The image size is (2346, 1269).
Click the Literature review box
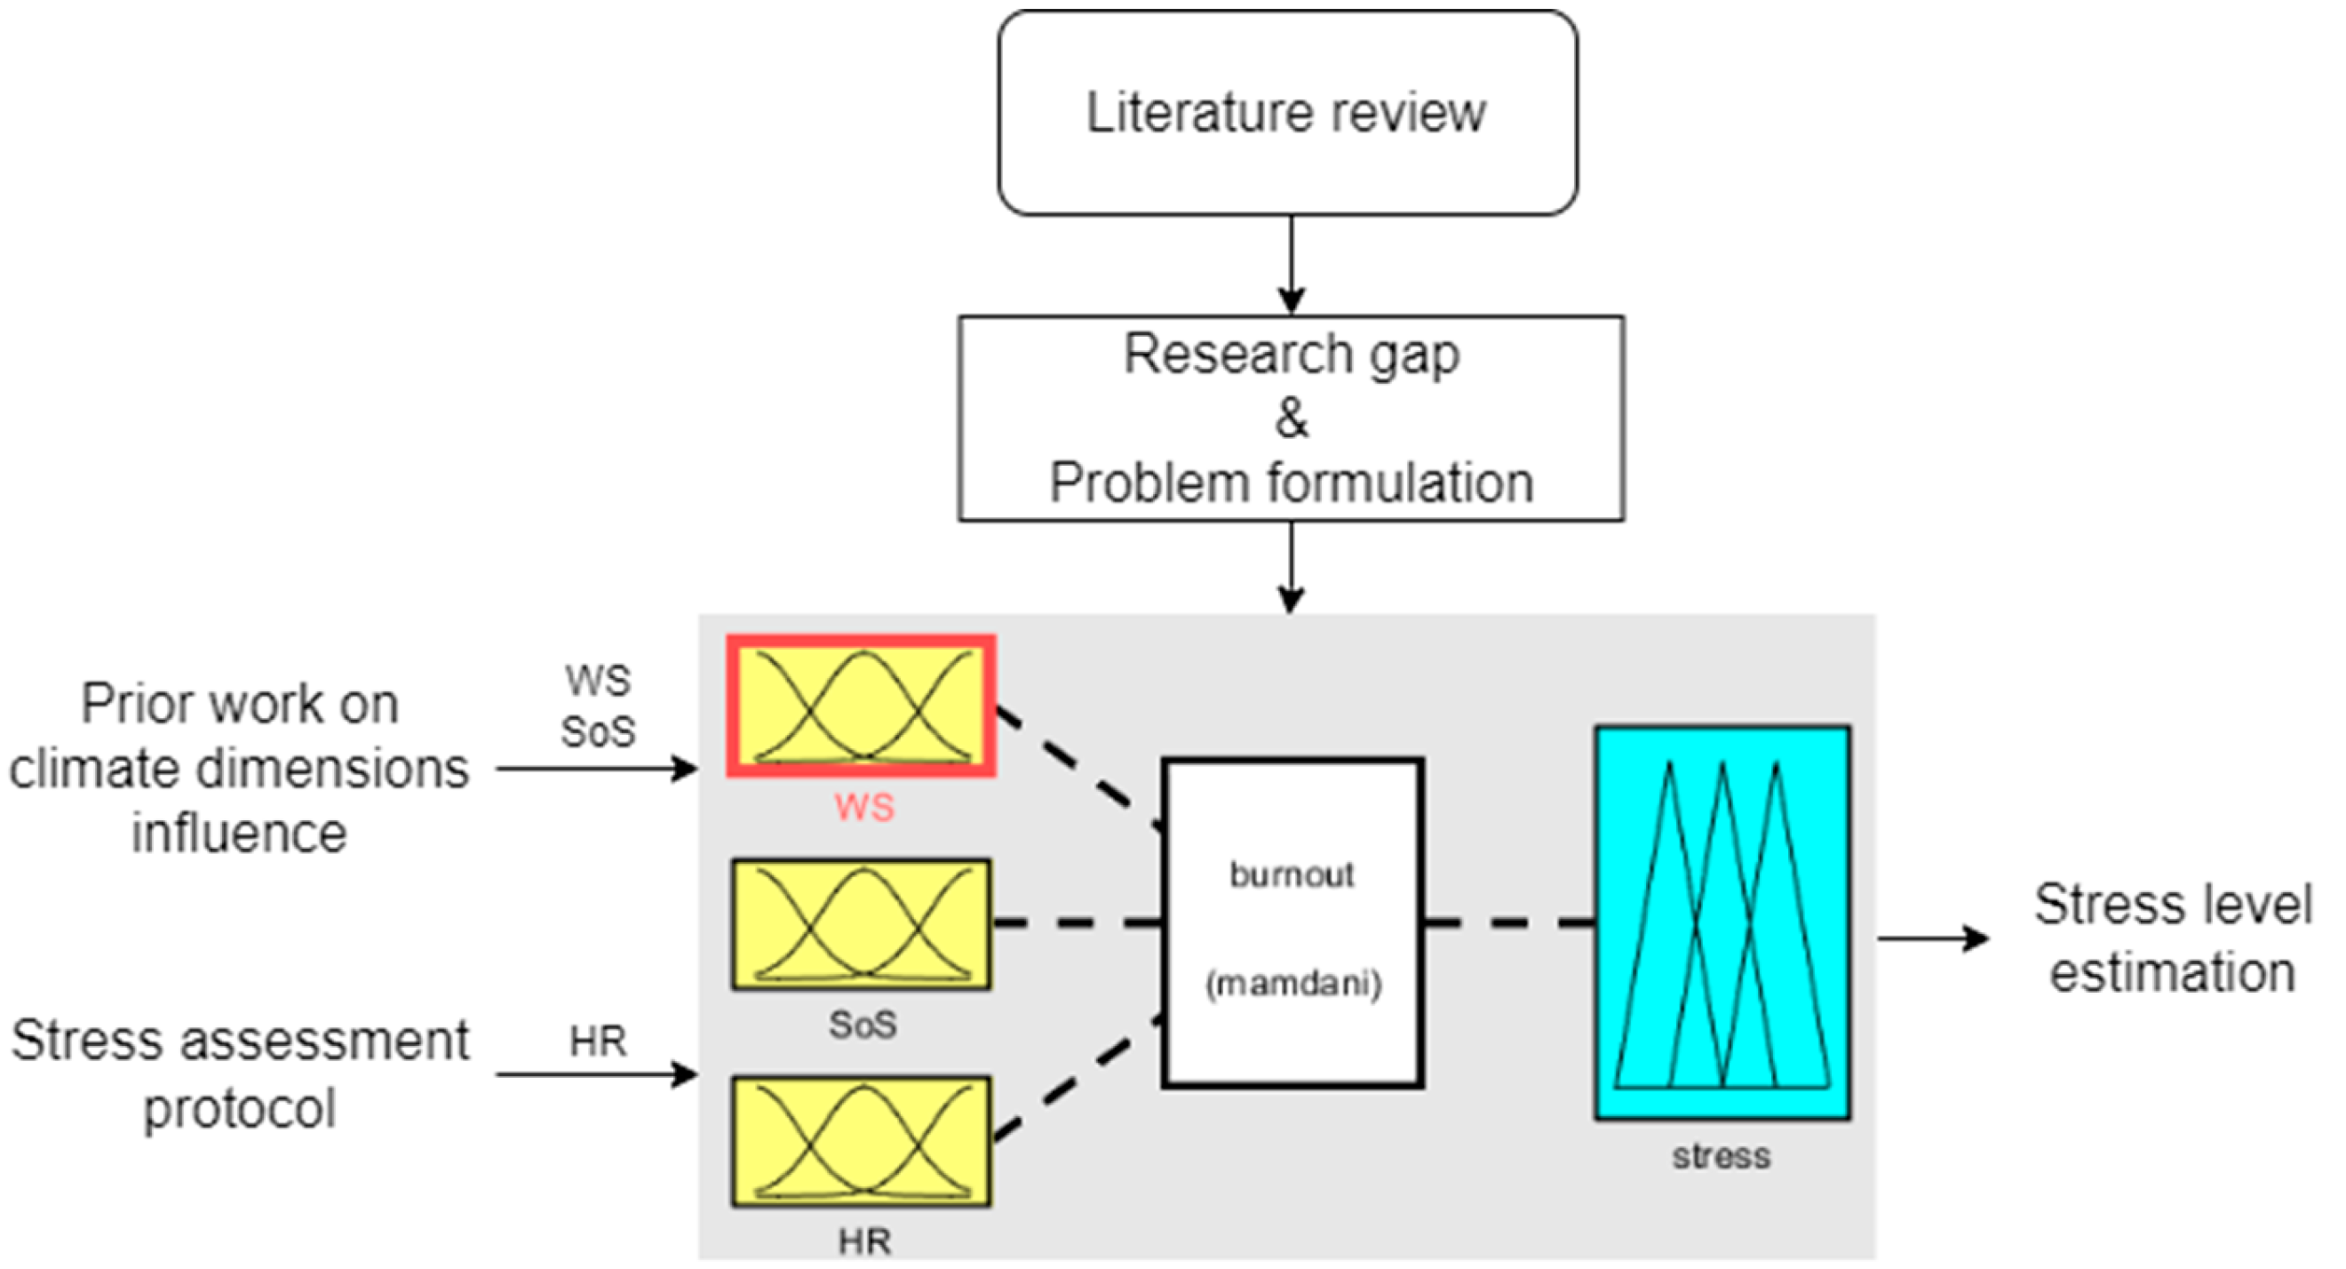click(1287, 113)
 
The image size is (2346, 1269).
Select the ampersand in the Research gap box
click(1291, 419)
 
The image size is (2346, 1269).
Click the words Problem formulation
click(1291, 483)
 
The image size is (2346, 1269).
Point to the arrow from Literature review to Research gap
click(1291, 264)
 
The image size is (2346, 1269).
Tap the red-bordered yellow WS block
click(861, 706)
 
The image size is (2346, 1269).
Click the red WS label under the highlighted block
click(863, 807)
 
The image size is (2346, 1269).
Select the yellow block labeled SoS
click(861, 923)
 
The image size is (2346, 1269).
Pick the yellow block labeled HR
click(861, 1141)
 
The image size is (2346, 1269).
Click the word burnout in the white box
click(1291, 874)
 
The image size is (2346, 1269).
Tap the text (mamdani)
click(1293, 984)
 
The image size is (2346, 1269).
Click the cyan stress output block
click(1722, 922)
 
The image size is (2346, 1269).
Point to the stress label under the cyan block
click(1722, 1156)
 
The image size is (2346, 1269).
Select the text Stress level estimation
click(2172, 938)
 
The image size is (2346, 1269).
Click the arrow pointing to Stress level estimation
click(1930, 938)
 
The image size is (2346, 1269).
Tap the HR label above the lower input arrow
click(598, 1042)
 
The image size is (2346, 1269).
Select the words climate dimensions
click(240, 769)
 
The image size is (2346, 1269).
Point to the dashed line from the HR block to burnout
click(1075, 1080)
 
